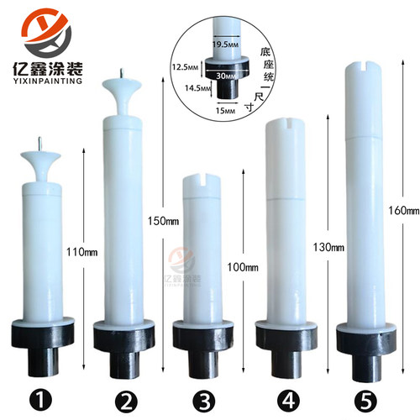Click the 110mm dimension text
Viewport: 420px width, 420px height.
[79, 250]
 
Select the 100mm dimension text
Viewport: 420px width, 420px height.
[240, 266]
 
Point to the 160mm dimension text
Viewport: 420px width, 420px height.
[403, 209]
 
